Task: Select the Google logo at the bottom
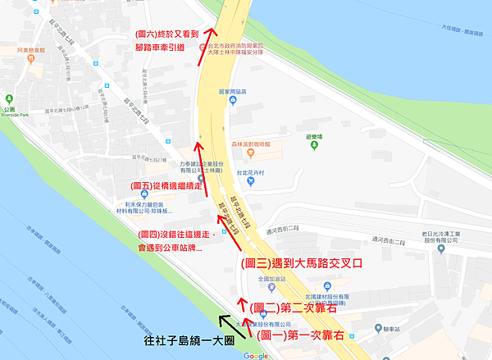(256, 355)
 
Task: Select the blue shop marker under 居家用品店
(233, 101)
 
